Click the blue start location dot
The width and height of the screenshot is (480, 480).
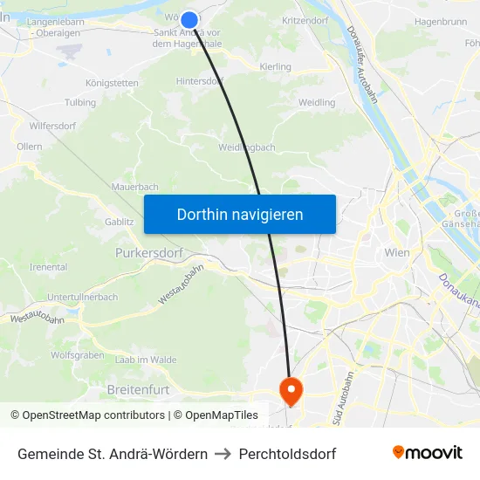(x=189, y=19)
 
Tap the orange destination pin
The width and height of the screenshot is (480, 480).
(x=290, y=389)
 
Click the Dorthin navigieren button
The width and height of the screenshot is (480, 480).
(x=240, y=214)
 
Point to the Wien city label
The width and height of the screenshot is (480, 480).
(x=397, y=252)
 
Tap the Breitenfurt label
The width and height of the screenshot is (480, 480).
(x=138, y=388)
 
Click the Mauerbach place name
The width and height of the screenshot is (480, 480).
(x=134, y=187)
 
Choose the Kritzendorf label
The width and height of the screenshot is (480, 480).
(x=305, y=19)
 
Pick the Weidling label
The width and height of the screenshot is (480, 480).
(x=317, y=102)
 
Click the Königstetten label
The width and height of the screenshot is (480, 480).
(x=112, y=83)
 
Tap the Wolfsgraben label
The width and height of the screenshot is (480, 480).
(x=78, y=355)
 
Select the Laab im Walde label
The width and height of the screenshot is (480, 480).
(x=146, y=360)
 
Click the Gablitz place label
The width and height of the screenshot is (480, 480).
(x=120, y=222)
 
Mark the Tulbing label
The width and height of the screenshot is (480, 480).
(x=80, y=102)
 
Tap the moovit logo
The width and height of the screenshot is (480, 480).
(x=427, y=453)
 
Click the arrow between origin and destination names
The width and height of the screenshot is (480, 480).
(x=223, y=454)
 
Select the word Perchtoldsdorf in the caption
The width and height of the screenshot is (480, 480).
(x=287, y=454)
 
